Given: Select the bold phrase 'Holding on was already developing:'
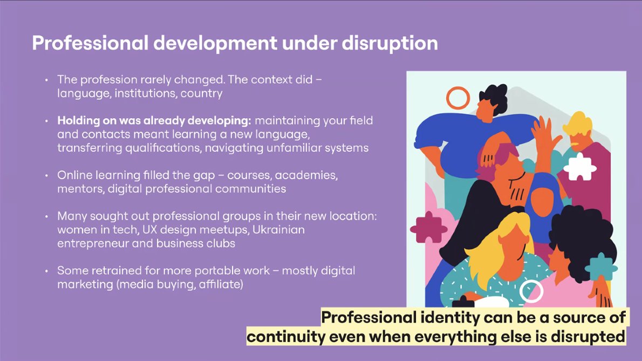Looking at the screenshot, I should tap(154, 120).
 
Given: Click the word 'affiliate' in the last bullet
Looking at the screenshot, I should tap(218, 284).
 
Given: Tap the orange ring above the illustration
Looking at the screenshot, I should tap(458, 98).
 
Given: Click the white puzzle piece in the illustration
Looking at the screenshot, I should tap(579, 167).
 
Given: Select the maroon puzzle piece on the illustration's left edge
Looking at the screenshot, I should tap(429, 227).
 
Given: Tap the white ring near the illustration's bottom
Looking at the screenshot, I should tap(531, 291).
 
